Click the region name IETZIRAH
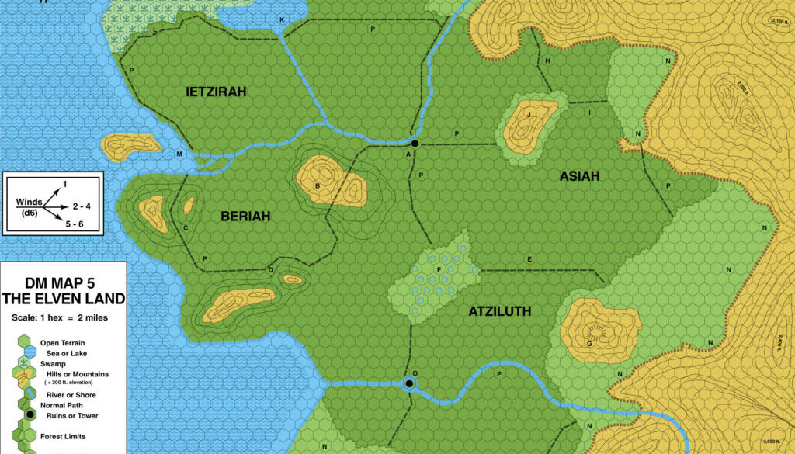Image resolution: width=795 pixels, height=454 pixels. tap(217, 92)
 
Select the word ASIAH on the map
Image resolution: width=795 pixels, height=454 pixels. tap(580, 176)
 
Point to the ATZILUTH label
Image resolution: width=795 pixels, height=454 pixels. tap(499, 311)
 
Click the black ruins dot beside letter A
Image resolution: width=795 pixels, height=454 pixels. tap(415, 144)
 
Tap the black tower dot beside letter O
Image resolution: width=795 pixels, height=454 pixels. tap(409, 383)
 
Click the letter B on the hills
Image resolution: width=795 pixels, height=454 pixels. tap(318, 185)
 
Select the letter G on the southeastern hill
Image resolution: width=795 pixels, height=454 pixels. tap(589, 342)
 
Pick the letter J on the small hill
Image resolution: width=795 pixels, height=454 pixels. tap(528, 116)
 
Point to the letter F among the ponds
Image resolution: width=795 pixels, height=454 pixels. tap(439, 270)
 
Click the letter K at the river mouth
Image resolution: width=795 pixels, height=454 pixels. tap(281, 19)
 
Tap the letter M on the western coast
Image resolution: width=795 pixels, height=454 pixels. tap(179, 154)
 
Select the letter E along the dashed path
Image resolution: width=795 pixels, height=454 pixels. tap(529, 258)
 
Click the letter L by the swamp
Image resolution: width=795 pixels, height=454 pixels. tap(154, 30)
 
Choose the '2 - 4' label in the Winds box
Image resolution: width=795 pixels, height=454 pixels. tap(82, 208)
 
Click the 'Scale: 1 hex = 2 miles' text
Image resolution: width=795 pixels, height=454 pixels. tap(63, 318)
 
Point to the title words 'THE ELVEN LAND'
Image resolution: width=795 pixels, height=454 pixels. tap(63, 299)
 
